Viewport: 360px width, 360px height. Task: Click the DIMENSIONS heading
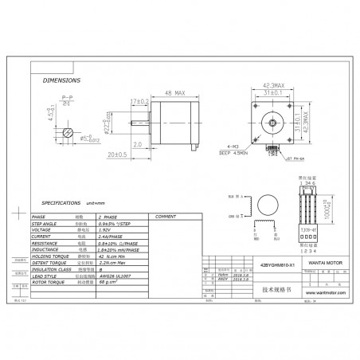point(61,81)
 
